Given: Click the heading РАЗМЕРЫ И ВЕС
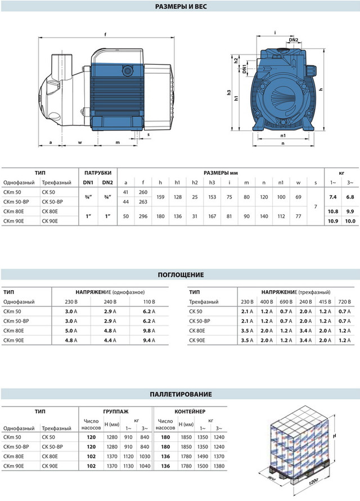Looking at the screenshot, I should (179, 7).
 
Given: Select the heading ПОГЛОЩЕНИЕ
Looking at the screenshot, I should (180, 275).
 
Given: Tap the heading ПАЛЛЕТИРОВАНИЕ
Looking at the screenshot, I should (179, 394).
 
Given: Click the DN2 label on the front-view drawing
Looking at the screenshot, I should (294, 40).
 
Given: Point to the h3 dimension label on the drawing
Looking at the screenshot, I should (229, 93).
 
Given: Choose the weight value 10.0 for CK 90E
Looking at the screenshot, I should (350, 222).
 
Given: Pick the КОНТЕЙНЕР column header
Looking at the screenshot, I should (190, 412).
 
